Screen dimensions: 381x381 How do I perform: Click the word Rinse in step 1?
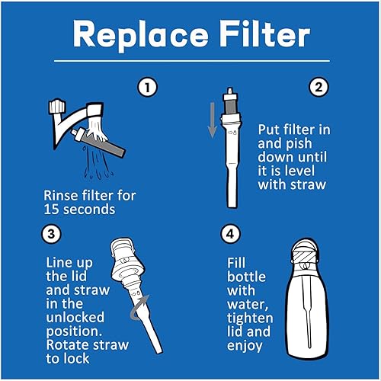pos(62,195)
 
